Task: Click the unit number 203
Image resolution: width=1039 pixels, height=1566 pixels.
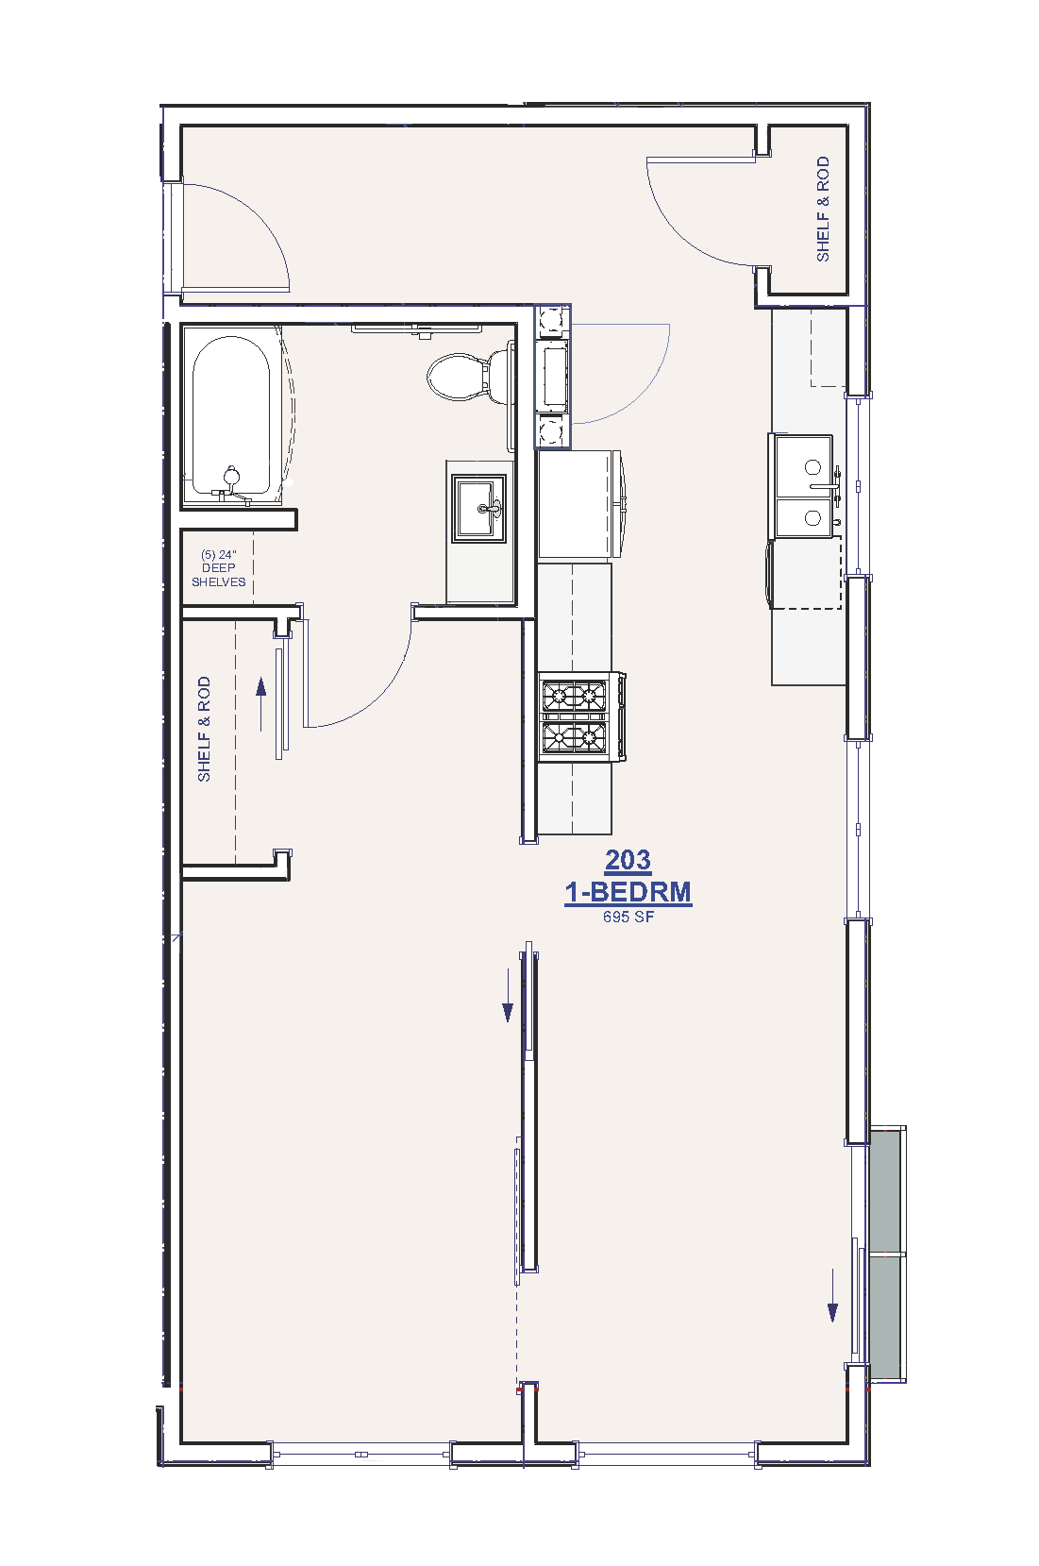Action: [x=628, y=859]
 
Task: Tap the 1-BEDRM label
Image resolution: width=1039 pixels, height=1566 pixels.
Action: [x=628, y=891]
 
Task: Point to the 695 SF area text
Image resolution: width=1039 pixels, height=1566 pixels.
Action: [x=628, y=917]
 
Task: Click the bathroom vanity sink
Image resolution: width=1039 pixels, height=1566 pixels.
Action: [x=478, y=508]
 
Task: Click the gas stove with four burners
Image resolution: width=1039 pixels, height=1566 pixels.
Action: [x=581, y=716]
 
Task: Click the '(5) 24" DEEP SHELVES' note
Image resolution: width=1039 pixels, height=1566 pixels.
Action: [x=219, y=567]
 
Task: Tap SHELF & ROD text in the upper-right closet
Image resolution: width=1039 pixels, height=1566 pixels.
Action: [x=823, y=209]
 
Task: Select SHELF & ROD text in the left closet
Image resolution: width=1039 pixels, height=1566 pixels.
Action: [x=204, y=729]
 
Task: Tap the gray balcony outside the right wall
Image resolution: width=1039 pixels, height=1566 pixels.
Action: [x=887, y=1254]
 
